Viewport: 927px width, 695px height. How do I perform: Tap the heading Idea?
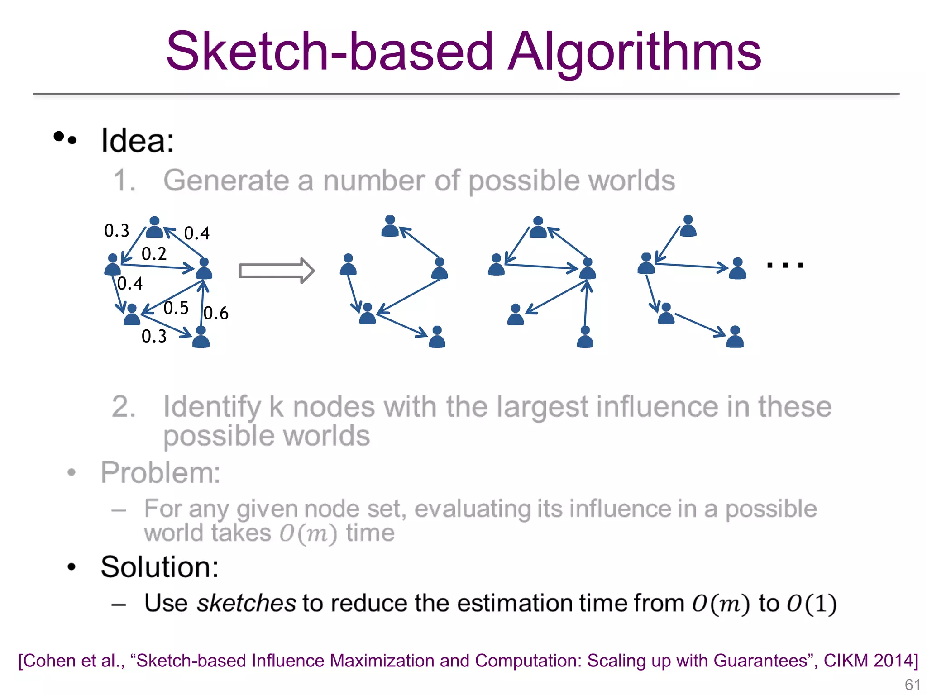[x=137, y=141]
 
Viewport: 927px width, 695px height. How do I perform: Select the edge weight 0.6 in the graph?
[x=216, y=313]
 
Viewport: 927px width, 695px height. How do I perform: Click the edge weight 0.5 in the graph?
[x=176, y=308]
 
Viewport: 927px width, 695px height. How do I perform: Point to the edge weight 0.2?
[x=154, y=254]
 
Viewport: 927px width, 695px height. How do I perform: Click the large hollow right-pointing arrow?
[x=277, y=271]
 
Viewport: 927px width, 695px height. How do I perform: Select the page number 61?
[x=912, y=684]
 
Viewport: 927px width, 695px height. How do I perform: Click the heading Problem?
[x=160, y=473]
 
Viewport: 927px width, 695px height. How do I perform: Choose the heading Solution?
[x=159, y=567]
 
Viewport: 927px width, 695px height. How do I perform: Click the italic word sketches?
[x=246, y=603]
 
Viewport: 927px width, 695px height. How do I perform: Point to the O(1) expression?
[x=812, y=604]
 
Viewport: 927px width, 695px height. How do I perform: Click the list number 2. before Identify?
[x=124, y=406]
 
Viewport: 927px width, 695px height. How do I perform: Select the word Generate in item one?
[x=226, y=181]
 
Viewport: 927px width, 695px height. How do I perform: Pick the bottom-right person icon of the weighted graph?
[x=201, y=337]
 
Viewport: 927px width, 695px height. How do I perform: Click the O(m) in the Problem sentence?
[x=308, y=533]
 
